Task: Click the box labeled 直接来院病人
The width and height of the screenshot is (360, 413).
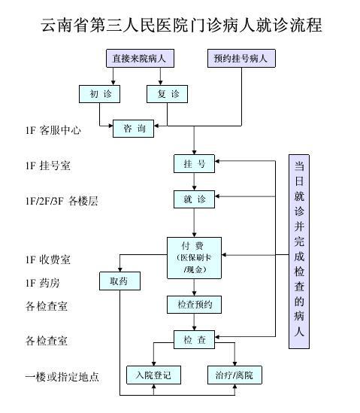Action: pyautogui.click(x=140, y=58)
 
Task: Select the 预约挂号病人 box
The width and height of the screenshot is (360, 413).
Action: pyautogui.click(x=241, y=58)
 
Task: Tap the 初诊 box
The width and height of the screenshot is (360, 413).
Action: pyautogui.click(x=99, y=94)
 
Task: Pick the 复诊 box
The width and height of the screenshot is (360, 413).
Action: pyautogui.click(x=167, y=94)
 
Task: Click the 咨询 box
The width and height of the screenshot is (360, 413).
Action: pyautogui.click(x=133, y=129)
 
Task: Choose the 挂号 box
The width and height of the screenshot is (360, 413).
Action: pyautogui.click(x=194, y=164)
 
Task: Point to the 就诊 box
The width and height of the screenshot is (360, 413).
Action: pyautogui.click(x=194, y=199)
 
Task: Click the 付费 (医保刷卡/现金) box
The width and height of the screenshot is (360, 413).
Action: pyautogui.click(x=194, y=258)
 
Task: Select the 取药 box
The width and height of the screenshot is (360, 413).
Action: pyautogui.click(x=119, y=281)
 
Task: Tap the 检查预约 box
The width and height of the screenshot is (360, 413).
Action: pyautogui.click(x=194, y=305)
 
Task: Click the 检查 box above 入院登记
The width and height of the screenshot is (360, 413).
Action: pyautogui.click(x=194, y=340)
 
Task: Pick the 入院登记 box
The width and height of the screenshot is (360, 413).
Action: pyautogui.click(x=153, y=375)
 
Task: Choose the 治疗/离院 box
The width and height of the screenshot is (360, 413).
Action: pyautogui.click(x=234, y=375)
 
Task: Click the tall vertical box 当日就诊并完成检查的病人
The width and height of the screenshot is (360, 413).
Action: pyautogui.click(x=299, y=251)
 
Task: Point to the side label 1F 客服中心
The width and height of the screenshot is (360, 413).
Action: pyautogui.click(x=53, y=130)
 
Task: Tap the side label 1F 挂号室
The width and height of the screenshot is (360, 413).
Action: pyautogui.click(x=48, y=166)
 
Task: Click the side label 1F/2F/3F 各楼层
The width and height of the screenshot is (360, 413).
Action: pyautogui.click(x=62, y=201)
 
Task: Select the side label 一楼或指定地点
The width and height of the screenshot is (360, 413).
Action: pyautogui.click(x=62, y=377)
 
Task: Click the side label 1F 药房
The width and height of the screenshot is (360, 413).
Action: pyautogui.click(x=43, y=283)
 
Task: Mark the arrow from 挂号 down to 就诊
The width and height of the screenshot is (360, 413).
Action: pyautogui.click(x=194, y=181)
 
